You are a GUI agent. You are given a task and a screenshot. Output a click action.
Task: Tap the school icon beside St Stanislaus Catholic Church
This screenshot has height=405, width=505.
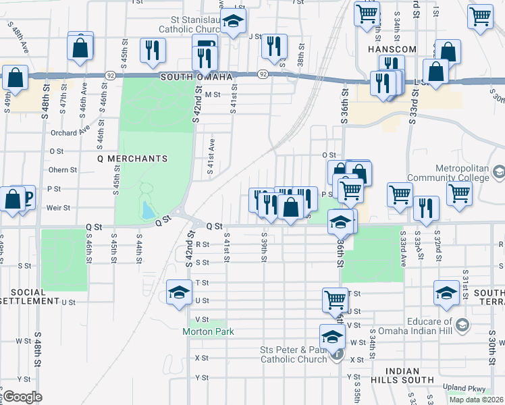[x=233, y=22]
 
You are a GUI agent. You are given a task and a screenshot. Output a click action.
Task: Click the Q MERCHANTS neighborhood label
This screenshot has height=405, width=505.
[x=132, y=159]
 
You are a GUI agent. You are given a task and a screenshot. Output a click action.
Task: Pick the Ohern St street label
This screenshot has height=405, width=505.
[x=63, y=170]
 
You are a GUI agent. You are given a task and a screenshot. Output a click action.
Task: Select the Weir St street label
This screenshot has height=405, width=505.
[x=58, y=208]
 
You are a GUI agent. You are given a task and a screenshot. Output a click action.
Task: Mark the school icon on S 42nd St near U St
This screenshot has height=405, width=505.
[x=179, y=293]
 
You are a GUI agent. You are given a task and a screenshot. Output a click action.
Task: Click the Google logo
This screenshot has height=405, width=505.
[x=22, y=397]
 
